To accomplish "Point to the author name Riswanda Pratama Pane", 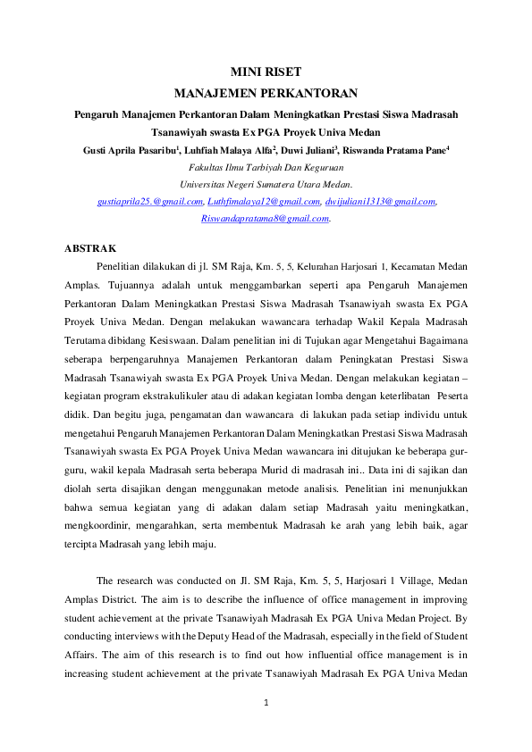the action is click(400, 149).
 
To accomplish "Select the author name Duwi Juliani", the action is click(314, 149).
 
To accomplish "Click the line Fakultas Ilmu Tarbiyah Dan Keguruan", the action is click(266, 167).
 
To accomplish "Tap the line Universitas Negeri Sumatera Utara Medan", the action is click(266, 185).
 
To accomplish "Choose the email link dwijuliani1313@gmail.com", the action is click(379, 203).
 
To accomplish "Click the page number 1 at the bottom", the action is click(266, 703).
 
